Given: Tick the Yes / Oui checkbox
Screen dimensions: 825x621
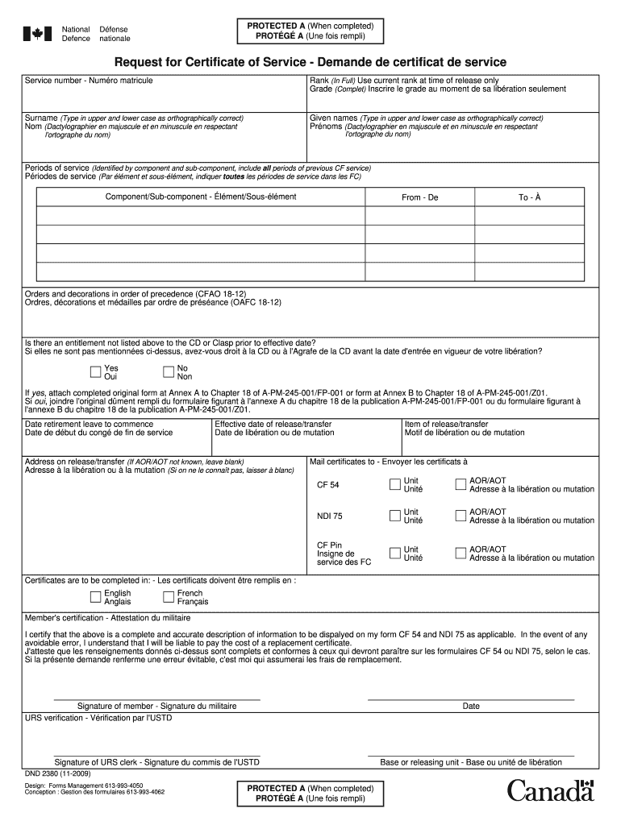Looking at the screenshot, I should point(95,371).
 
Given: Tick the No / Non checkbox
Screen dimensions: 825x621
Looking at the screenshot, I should point(169,371).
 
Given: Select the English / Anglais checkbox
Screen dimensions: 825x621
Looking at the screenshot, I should point(95,597).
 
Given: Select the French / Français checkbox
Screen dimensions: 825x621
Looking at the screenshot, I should point(169,597).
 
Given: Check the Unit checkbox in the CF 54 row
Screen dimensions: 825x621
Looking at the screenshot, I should point(394,484).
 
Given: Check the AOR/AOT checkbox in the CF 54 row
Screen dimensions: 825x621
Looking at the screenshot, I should point(461,484).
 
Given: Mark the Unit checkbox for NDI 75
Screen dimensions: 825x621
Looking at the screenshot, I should point(394,516).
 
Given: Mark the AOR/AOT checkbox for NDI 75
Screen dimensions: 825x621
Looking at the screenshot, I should point(461,516).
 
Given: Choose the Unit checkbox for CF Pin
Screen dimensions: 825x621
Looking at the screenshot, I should point(394,553).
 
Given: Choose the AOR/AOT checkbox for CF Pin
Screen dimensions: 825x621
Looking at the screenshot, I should point(461,553).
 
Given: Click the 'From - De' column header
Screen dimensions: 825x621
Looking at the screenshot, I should point(419,197).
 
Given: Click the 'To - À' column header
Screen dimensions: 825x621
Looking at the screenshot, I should point(529,197).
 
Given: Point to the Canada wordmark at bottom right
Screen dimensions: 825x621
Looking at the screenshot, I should point(550,791).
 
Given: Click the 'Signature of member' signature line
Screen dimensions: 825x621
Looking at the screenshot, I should point(156,698).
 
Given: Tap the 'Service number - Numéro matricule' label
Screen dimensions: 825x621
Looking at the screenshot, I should point(89,81).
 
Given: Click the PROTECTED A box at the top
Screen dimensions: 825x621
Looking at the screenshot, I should point(310,31).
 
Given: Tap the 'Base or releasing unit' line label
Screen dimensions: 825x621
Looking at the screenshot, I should point(471,762).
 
